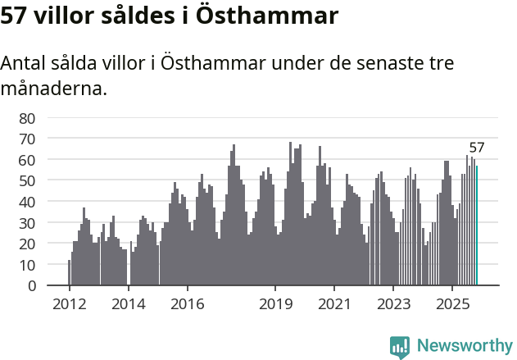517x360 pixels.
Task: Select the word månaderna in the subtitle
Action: tap(54, 88)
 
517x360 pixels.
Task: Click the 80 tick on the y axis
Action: tap(27, 117)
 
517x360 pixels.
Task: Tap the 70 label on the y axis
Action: tap(27, 138)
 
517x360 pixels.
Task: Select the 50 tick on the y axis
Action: tap(27, 180)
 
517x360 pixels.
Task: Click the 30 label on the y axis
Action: tap(27, 223)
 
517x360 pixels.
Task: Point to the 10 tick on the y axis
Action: tap(27, 265)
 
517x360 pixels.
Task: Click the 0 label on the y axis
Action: tap(31, 286)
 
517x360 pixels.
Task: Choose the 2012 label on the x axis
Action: tap(69, 304)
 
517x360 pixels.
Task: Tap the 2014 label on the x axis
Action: tap(128, 304)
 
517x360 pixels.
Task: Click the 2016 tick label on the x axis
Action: tap(188, 304)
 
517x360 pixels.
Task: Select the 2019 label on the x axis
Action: tap(275, 304)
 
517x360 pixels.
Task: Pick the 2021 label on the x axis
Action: tap(334, 304)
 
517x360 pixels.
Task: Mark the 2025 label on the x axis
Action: tap(452, 304)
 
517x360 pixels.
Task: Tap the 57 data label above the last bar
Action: tap(477, 148)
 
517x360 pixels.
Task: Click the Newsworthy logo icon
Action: tap(400, 346)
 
